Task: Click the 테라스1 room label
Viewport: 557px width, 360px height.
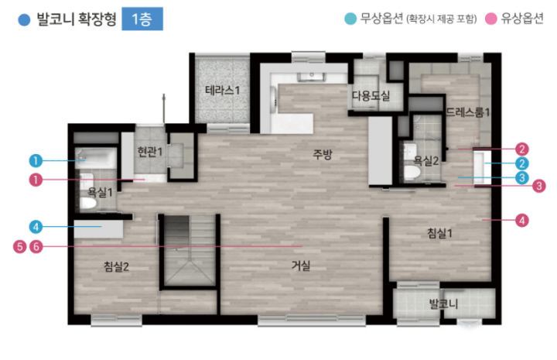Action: tap(222, 91)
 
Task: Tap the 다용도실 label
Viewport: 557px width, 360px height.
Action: tap(371, 95)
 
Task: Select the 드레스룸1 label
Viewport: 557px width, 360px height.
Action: tap(468, 112)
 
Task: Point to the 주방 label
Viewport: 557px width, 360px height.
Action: tap(323, 154)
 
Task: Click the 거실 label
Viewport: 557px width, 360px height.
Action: tap(301, 265)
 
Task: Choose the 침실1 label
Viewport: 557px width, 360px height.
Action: tap(439, 233)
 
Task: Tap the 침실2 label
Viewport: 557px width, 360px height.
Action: tap(116, 266)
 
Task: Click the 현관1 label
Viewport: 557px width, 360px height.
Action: tap(149, 152)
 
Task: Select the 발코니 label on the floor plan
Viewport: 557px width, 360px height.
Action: tap(443, 303)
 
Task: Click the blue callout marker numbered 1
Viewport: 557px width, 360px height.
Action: tap(36, 160)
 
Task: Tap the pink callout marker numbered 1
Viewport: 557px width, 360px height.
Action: tap(36, 180)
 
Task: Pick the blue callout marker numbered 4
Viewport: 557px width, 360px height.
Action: tap(36, 227)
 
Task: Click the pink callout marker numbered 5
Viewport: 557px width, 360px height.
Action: tap(20, 246)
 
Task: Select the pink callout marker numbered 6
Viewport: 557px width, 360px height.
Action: tap(36, 246)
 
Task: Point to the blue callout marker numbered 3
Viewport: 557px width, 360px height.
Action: tap(522, 177)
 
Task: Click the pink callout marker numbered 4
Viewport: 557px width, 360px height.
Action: tap(522, 221)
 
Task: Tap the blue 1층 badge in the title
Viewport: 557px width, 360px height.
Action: tap(142, 19)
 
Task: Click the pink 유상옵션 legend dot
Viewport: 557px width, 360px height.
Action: tap(491, 19)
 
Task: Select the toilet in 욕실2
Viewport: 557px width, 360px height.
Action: tap(412, 172)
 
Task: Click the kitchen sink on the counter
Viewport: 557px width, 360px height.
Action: tap(311, 77)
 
